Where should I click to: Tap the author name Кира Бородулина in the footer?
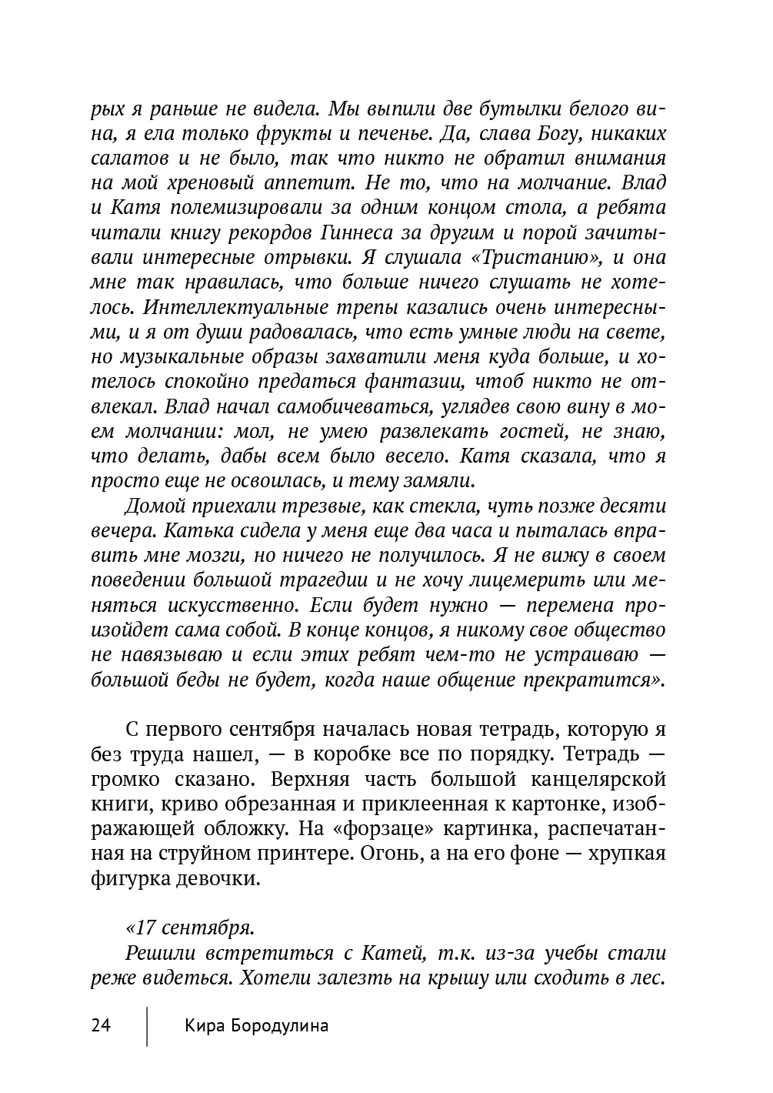click(256, 1025)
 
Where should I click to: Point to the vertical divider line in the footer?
click(147, 1025)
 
